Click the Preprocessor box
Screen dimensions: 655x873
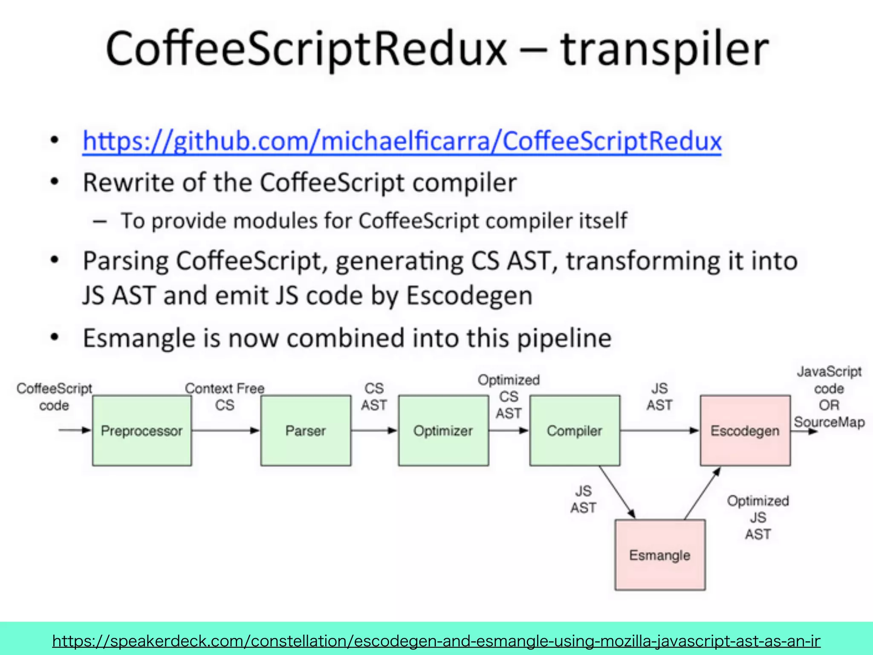[x=142, y=431]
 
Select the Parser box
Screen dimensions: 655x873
[x=306, y=431]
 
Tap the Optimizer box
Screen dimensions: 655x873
[x=443, y=431]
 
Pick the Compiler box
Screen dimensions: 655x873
[x=574, y=431]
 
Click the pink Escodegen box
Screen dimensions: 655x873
[x=745, y=431]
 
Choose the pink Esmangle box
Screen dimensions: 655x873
[x=659, y=555]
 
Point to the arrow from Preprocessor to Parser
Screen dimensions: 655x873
[x=225, y=431]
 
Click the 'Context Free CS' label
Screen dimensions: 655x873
[x=225, y=397]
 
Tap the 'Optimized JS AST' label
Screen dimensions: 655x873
[x=758, y=517]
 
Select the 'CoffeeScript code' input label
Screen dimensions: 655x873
[x=54, y=397]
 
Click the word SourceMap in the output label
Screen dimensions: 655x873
[x=829, y=422]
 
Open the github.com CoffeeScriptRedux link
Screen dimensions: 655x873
[x=402, y=141]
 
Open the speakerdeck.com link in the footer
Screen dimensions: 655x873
[x=436, y=641]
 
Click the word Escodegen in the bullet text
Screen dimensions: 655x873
[x=469, y=296]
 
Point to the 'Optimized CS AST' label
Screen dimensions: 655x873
[x=509, y=397]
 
